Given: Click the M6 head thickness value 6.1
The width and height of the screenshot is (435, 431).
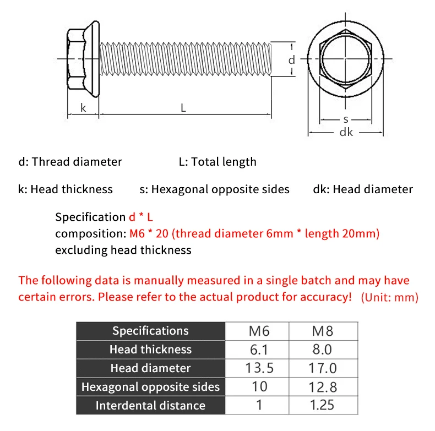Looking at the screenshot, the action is (x=259, y=350).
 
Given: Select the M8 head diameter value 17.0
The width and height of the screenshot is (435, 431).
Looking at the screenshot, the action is (x=322, y=368).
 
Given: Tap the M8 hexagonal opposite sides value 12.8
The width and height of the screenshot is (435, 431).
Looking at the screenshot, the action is (x=323, y=387).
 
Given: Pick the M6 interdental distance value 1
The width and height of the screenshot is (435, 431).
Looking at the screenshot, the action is (x=259, y=405).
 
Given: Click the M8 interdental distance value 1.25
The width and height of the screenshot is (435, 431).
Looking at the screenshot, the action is (x=322, y=405).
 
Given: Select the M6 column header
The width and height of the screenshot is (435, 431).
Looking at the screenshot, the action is (x=259, y=331).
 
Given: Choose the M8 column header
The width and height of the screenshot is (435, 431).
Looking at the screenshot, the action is (x=322, y=331).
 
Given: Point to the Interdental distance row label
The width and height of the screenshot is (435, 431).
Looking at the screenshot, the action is (x=150, y=406).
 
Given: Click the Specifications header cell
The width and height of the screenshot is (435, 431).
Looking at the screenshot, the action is (x=150, y=331).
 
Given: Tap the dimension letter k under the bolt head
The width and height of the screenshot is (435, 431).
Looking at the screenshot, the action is (x=83, y=107).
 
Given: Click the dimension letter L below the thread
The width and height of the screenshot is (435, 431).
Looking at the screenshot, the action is (x=183, y=107).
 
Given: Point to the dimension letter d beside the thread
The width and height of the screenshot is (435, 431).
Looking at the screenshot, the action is (x=292, y=60).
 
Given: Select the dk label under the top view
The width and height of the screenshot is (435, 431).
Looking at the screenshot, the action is (x=346, y=132).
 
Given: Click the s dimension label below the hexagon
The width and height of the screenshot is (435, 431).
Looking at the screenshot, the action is (x=346, y=119).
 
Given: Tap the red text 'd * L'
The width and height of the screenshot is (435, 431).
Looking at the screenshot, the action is (x=141, y=217).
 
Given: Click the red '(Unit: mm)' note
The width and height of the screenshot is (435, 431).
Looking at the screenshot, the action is (x=390, y=297).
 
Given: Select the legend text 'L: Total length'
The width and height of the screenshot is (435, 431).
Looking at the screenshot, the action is (x=218, y=162).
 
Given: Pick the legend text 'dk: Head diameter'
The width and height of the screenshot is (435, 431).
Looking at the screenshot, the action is (x=363, y=189).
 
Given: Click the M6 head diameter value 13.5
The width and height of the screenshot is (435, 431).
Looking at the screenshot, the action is (x=259, y=368).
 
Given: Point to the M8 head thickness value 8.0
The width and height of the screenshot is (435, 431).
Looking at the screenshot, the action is (x=322, y=350).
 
